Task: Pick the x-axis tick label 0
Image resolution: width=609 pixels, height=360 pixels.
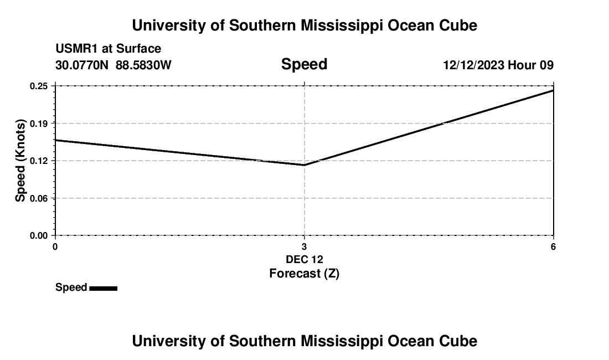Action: click(x=55, y=246)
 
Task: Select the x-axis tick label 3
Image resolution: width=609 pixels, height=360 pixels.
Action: click(x=304, y=246)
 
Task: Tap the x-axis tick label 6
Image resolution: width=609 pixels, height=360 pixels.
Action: click(x=553, y=246)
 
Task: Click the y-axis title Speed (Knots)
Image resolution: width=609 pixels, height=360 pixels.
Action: click(x=21, y=161)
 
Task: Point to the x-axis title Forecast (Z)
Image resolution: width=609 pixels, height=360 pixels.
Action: click(x=304, y=273)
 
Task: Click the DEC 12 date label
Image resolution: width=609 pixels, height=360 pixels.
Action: click(x=304, y=259)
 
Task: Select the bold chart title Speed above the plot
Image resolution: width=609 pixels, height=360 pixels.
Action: click(x=304, y=64)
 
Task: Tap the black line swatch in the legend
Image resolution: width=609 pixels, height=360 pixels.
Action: click(x=103, y=288)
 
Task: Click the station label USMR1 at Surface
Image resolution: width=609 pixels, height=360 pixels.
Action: click(x=108, y=49)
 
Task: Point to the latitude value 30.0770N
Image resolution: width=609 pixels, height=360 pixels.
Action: click(x=82, y=65)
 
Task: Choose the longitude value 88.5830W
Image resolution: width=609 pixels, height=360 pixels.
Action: click(x=143, y=65)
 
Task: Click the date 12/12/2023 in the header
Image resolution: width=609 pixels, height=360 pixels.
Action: click(x=473, y=65)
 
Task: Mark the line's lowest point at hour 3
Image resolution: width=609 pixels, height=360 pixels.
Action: click(x=304, y=164)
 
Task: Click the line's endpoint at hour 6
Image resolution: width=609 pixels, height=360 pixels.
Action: click(x=553, y=90)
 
